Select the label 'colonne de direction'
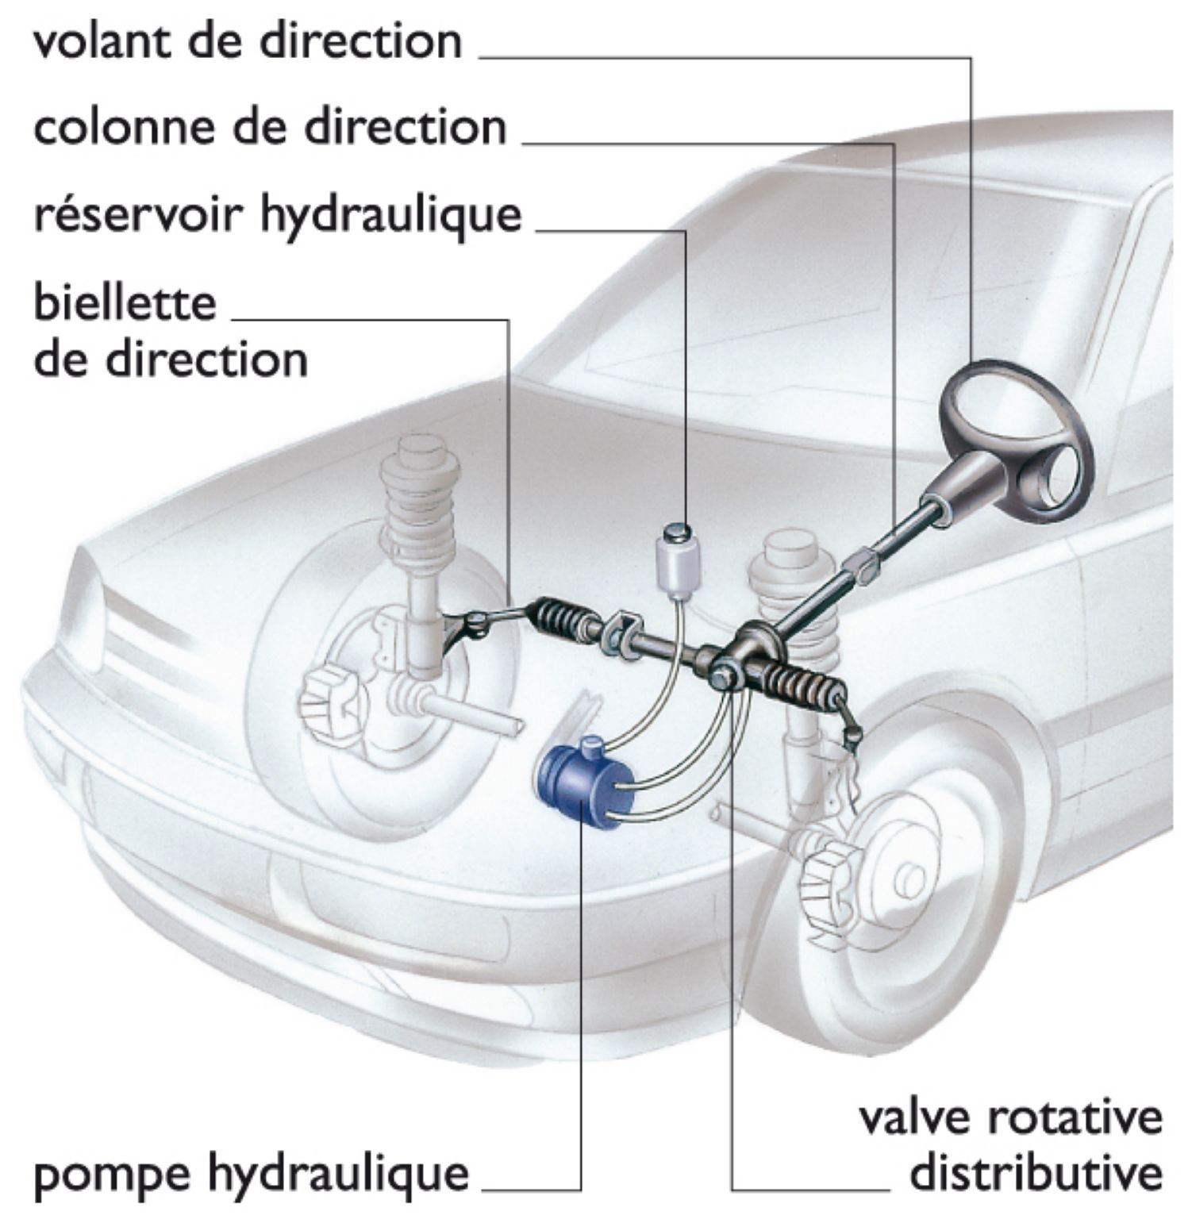click(x=269, y=127)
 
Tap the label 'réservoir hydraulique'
click(x=278, y=215)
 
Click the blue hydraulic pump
click(x=586, y=781)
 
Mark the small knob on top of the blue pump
click(x=591, y=746)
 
